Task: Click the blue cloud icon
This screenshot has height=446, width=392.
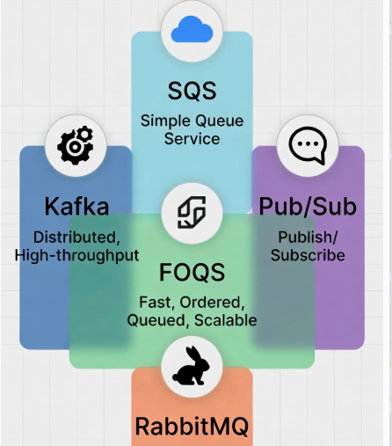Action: tap(192, 29)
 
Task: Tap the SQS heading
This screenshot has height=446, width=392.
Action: tap(192, 91)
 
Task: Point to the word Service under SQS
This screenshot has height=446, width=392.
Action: tap(192, 138)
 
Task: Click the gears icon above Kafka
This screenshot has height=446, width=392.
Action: tap(76, 145)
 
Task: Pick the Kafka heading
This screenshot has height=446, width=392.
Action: tap(76, 206)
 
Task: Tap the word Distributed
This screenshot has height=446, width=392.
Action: tap(76, 238)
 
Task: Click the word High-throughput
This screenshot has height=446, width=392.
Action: tap(76, 256)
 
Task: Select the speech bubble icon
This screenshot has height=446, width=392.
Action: tap(308, 145)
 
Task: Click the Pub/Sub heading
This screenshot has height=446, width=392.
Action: tap(308, 206)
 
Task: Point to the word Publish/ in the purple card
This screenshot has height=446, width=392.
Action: tap(308, 238)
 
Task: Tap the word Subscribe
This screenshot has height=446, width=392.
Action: tap(308, 255)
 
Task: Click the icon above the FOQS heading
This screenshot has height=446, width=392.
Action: tap(192, 212)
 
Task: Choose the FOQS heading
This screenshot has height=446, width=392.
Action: tap(192, 273)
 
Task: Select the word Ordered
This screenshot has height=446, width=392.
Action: tap(212, 303)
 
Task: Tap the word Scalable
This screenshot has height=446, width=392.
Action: tap(226, 320)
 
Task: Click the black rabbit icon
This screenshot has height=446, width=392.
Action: tap(191, 366)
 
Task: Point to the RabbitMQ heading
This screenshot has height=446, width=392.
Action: tap(192, 427)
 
